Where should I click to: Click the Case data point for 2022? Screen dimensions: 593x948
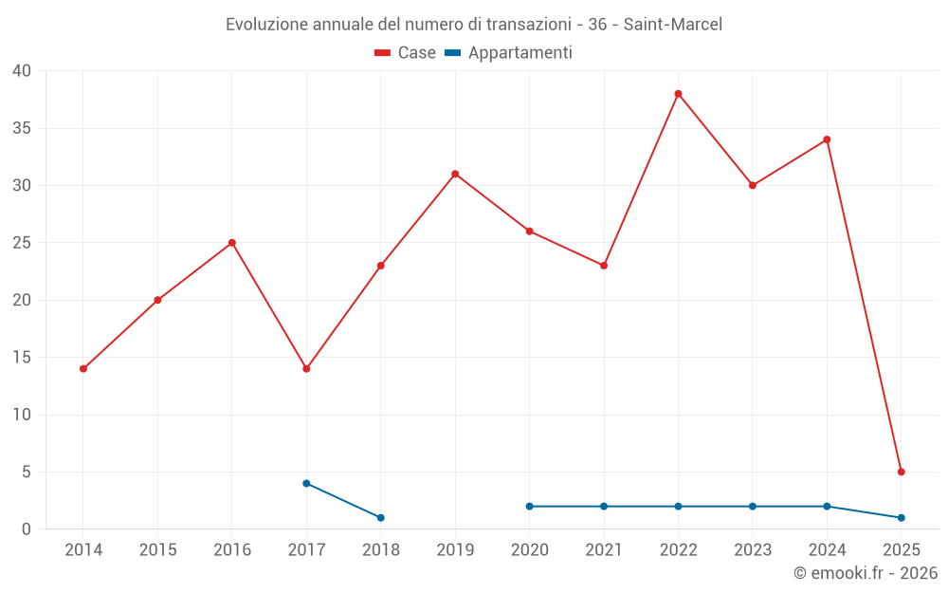pos(678,94)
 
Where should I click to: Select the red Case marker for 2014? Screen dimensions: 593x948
pos(83,368)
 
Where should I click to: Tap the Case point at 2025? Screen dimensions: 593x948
pos(901,472)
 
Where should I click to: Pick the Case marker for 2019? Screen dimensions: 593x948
pos(455,174)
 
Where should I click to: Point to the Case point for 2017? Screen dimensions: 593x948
pos(306,368)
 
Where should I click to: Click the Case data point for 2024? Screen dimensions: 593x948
pos(827,139)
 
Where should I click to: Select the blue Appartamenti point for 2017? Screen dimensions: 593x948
pos(306,483)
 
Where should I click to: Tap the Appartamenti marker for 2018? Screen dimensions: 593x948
pos(380,517)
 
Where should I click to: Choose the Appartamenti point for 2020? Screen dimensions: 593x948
pos(529,506)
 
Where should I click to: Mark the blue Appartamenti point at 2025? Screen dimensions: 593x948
pos(901,517)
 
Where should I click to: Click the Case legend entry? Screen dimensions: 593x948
pos(405,53)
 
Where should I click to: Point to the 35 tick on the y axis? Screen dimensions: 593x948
pos(22,128)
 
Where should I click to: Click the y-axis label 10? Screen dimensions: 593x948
pos(22,415)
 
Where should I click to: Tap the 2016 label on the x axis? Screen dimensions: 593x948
pos(232,549)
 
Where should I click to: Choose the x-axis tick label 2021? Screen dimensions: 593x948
pos(604,549)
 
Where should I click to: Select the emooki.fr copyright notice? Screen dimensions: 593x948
pos(865,573)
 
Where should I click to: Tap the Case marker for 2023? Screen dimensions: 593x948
pos(753,185)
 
